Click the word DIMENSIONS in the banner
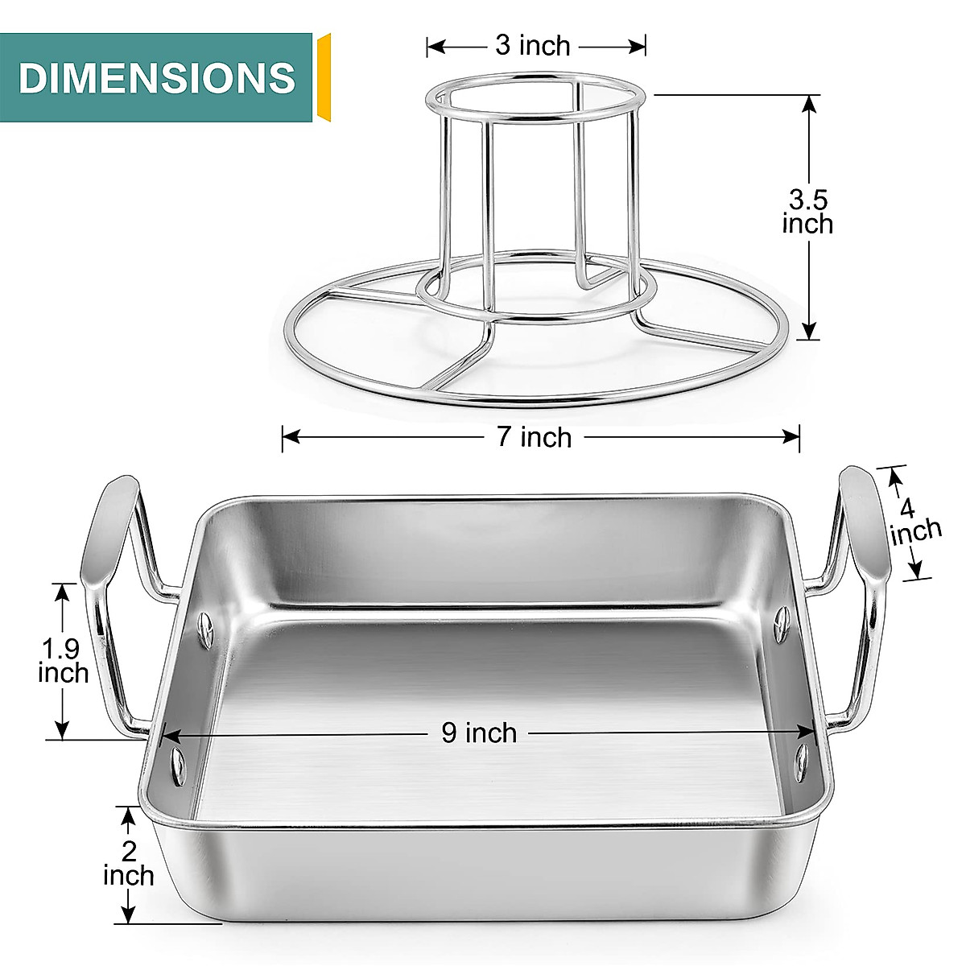(157, 78)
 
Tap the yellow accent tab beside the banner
(324, 77)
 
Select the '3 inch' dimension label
(532, 46)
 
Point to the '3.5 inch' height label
(807, 212)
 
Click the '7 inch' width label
(534, 437)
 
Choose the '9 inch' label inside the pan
(479, 733)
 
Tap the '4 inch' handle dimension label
(914, 522)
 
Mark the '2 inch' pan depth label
(128, 864)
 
